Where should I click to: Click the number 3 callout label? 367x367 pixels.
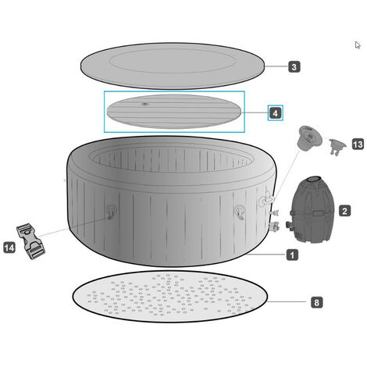click(294, 67)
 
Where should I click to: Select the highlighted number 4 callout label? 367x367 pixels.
click(276, 113)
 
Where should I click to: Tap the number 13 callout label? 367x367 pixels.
click(358, 144)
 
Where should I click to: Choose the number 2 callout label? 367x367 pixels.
click(344, 211)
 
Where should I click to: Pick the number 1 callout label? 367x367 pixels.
click(292, 255)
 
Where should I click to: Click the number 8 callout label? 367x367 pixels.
click(316, 302)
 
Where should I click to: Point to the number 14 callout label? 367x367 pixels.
click(9, 248)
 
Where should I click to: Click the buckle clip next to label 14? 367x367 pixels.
click(30, 241)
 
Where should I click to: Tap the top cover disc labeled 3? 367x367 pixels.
click(173, 66)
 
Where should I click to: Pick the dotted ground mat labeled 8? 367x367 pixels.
click(170, 297)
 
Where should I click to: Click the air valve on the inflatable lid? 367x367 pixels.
click(145, 104)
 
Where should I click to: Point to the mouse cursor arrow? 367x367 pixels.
click(358, 45)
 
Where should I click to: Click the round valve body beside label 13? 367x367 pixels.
click(309, 137)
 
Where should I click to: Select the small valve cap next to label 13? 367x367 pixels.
click(337, 147)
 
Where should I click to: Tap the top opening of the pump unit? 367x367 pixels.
click(315, 179)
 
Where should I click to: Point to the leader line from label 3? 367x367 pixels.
click(276, 66)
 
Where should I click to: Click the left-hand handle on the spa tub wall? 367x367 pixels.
click(112, 211)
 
